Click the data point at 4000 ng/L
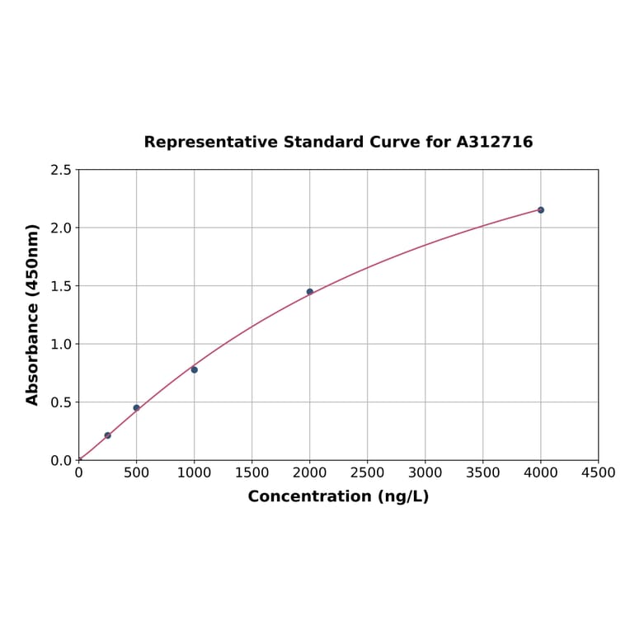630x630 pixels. [541, 210]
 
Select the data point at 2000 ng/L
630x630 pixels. [310, 292]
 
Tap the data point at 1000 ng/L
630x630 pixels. [195, 369]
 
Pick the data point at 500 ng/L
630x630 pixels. [137, 407]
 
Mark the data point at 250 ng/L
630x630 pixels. [108, 435]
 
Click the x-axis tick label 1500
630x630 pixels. [252, 473]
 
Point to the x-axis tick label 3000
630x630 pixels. [425, 473]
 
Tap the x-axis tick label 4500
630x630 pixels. [599, 473]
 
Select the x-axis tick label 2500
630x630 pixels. [368, 473]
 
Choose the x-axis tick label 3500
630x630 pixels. [483, 473]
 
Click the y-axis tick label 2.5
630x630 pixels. [61, 170]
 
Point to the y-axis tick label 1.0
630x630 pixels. [61, 344]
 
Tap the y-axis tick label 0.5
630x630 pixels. [61, 402]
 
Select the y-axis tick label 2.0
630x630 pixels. [61, 228]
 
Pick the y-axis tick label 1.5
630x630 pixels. [61, 286]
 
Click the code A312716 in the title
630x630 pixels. [495, 143]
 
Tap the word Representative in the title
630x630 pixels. [211, 143]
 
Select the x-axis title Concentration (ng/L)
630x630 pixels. [338, 496]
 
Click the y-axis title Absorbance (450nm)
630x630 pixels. [33, 314]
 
